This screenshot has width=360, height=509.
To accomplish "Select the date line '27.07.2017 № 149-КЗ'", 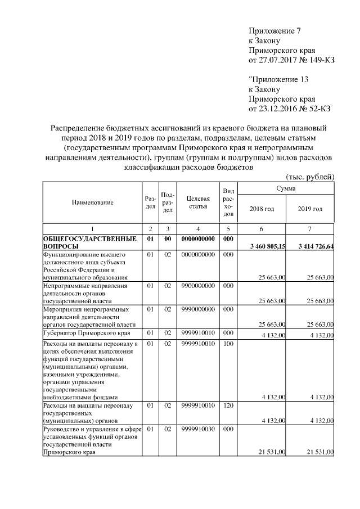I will click(291, 60).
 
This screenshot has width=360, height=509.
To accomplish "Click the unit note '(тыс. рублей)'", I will click(310, 177).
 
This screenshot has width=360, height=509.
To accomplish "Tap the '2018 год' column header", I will click(261, 209).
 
